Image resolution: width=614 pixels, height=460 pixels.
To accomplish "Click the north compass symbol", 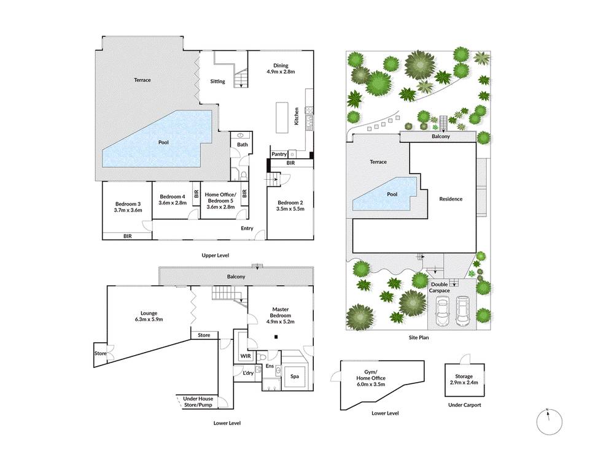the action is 549,422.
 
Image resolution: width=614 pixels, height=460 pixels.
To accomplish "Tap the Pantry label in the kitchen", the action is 279,154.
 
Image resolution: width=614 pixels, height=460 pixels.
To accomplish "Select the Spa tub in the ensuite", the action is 295,377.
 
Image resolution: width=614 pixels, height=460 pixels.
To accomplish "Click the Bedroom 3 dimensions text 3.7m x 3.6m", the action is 128,210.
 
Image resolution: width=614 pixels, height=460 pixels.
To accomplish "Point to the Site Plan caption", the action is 418,337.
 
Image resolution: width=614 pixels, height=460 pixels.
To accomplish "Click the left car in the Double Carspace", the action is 443,312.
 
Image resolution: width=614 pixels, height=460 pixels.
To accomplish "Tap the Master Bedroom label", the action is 281,312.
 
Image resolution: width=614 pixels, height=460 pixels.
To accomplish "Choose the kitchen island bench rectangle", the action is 282,118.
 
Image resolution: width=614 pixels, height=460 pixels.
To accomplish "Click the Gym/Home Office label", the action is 370,375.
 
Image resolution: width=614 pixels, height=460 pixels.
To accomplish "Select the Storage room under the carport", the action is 464,380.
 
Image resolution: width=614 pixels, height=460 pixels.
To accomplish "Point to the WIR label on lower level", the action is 246,356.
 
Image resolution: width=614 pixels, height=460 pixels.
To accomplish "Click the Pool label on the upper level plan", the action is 163,142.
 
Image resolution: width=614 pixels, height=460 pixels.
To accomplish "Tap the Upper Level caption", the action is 215,255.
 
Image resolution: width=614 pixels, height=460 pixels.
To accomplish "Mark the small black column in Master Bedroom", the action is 276,336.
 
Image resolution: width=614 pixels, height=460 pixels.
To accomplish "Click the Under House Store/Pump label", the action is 198,402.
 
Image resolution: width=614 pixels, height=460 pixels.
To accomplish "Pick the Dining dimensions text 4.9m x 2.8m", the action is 281,72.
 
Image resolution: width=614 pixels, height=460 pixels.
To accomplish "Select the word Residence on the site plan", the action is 451,199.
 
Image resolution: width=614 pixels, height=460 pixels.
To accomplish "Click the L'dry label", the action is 248,373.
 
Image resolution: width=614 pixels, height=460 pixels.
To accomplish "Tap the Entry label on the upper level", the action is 247,228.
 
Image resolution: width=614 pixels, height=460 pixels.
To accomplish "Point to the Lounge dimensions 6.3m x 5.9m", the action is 149,319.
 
